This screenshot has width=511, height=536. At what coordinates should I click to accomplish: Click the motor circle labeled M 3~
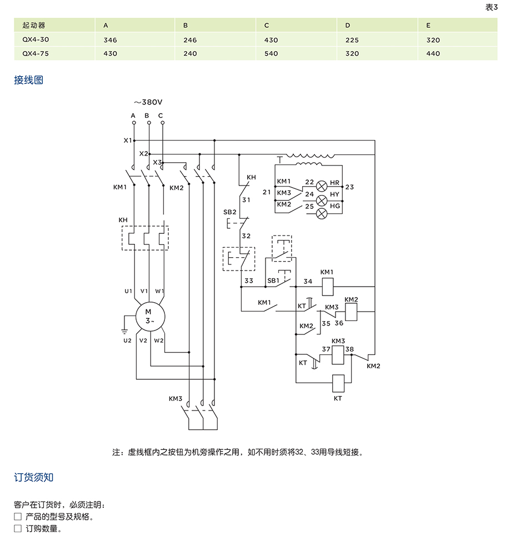point(148,317)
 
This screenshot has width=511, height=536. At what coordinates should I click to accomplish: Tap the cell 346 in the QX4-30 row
point(111,41)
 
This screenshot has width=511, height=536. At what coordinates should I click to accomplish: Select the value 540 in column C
point(272,54)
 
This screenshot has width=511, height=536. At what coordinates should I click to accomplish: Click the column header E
point(429,26)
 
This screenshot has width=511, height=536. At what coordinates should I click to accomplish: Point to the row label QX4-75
point(34,54)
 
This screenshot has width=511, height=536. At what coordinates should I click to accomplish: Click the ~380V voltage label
point(148,102)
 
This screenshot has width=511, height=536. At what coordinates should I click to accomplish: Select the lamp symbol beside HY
point(322,200)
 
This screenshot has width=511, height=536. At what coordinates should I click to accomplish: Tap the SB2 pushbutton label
point(229,213)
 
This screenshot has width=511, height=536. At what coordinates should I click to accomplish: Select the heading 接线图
point(29,80)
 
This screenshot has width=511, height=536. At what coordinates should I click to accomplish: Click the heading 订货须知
point(34,478)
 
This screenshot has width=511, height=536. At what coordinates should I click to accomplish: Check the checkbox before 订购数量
point(18,529)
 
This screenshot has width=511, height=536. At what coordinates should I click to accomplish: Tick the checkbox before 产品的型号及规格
point(18,517)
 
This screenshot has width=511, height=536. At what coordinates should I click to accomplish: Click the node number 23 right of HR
point(349,187)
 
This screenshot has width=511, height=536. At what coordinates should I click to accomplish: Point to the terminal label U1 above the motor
point(128,291)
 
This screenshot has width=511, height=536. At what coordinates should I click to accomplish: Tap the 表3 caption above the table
point(492,7)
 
